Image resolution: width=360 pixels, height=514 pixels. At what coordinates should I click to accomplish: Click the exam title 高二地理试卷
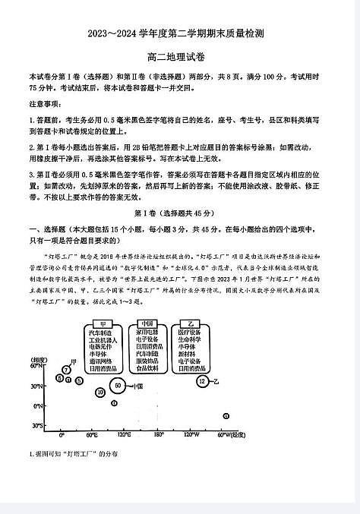click(179, 57)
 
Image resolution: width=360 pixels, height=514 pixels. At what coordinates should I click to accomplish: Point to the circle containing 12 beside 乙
click(201, 380)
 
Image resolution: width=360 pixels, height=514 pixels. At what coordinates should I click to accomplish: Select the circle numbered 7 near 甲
click(67, 370)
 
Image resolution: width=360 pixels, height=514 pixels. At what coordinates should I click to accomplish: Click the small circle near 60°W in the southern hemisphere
click(226, 415)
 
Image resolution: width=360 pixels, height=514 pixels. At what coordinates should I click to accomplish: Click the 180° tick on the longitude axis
click(159, 436)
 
